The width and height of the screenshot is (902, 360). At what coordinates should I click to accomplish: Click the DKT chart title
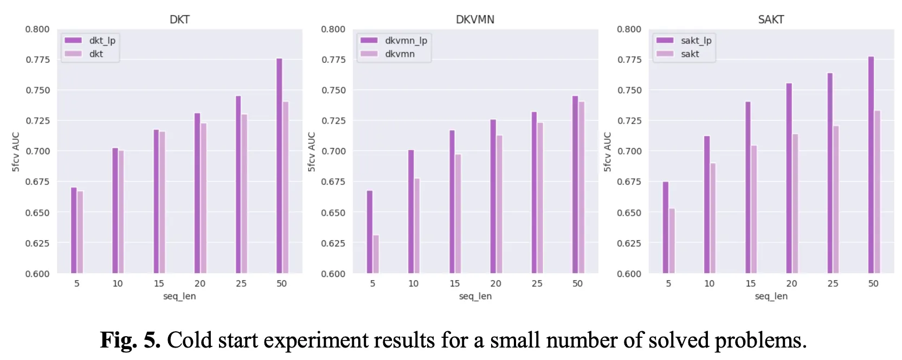179,20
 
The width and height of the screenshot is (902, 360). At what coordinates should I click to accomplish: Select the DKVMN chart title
475,20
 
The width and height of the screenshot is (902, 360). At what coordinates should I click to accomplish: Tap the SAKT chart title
771,20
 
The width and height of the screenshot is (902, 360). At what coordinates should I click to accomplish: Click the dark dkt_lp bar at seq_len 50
279,165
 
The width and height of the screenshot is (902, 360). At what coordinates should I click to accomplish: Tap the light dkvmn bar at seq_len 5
376,254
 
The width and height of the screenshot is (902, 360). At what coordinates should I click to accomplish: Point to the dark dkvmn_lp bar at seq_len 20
493,196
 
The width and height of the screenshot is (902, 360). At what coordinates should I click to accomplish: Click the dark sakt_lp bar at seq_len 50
871,165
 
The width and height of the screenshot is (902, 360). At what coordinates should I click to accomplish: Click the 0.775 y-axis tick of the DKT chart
37,60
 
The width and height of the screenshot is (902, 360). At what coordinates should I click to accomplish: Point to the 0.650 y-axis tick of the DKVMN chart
333,213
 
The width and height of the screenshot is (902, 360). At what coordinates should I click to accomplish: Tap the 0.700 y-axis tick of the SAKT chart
629,151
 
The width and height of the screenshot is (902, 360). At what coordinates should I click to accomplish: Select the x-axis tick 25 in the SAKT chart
833,284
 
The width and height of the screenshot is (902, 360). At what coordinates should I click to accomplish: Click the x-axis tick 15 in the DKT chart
159,284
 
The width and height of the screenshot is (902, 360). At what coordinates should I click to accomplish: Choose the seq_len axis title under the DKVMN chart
475,297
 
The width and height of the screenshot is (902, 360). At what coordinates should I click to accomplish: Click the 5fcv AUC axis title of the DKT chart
16,152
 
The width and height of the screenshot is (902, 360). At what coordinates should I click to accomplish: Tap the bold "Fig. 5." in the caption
130,340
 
